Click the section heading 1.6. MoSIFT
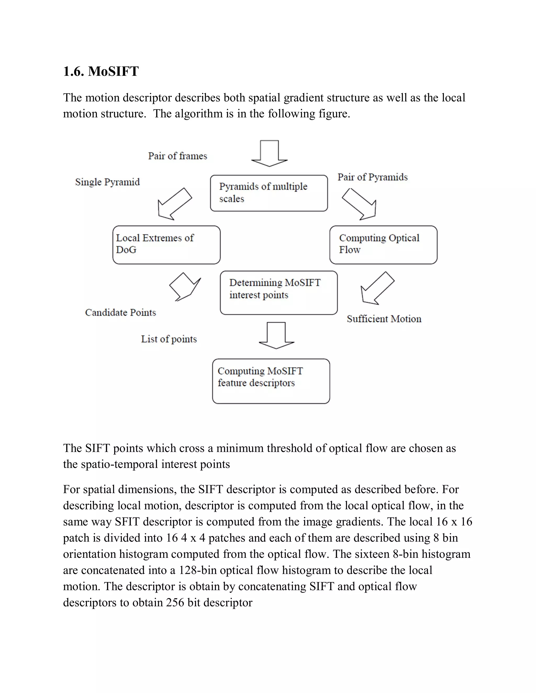101,71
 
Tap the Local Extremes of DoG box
166,245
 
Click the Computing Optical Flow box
383,245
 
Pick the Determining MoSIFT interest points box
278,293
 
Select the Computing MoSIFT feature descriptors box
271,381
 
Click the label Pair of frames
177,156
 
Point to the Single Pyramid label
107,182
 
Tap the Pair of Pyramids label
372,177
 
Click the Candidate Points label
120,313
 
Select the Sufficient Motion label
384,319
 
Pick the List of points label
169,339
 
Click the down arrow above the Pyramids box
269,154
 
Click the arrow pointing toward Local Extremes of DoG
174,204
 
